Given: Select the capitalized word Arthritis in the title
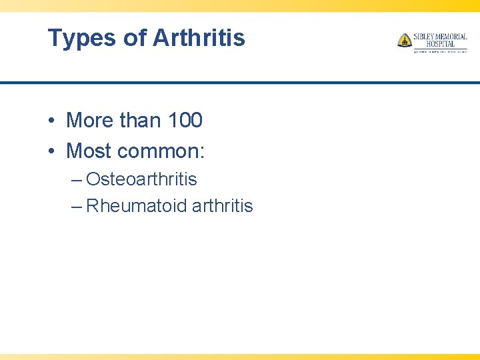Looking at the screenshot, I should pyautogui.click(x=199, y=38).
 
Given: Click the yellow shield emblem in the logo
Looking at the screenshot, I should pyautogui.click(x=404, y=41).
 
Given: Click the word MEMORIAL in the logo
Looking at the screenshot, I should pyautogui.click(x=453, y=37).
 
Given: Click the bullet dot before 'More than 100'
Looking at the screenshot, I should pyautogui.click(x=51, y=121).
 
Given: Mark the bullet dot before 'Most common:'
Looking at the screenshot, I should pyautogui.click(x=51, y=152).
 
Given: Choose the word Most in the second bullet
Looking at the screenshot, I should pyautogui.click(x=89, y=151).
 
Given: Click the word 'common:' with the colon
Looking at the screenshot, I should pyautogui.click(x=161, y=152).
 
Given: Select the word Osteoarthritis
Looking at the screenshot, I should pyautogui.click(x=141, y=179).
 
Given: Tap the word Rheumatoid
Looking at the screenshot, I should pyautogui.click(x=136, y=206).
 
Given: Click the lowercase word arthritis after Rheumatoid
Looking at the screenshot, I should pyautogui.click(x=222, y=206).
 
